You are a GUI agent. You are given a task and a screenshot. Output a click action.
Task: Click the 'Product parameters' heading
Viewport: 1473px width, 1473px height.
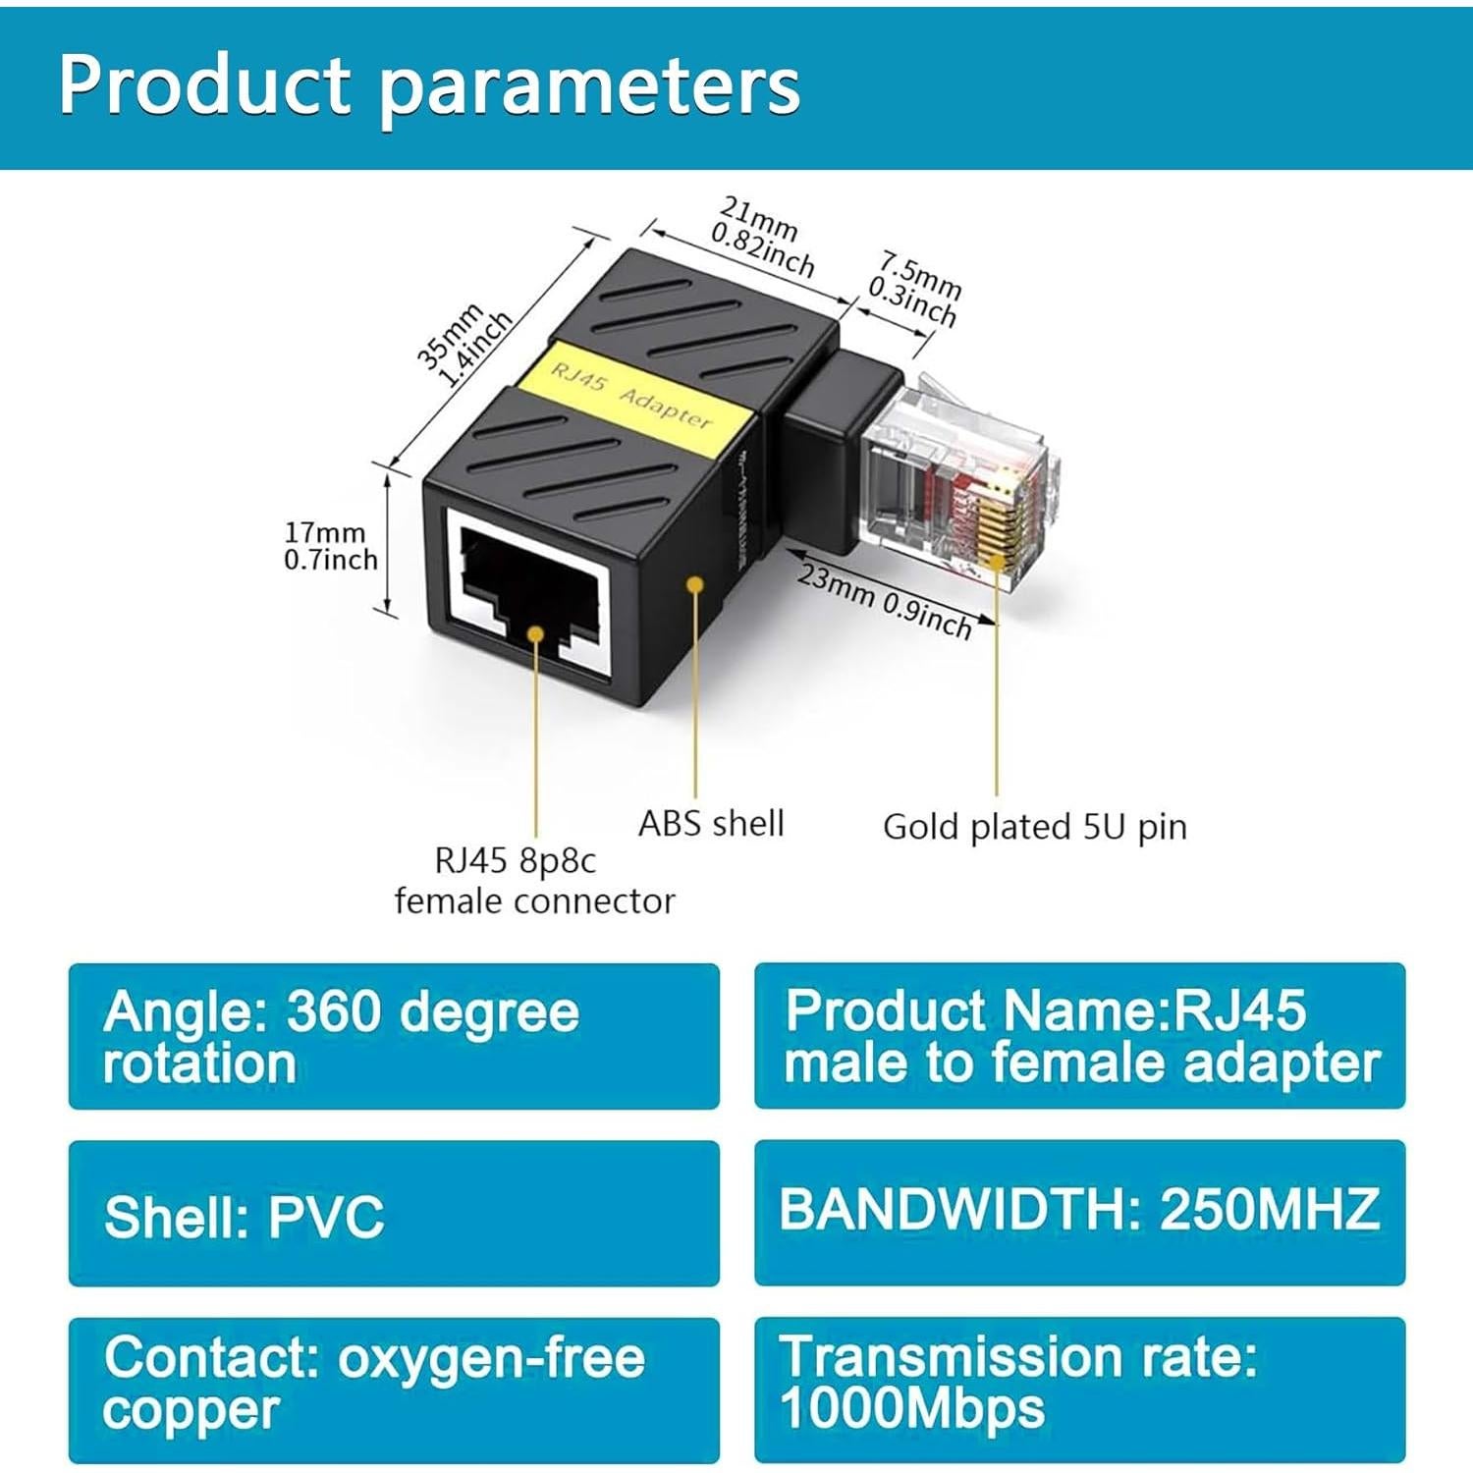tap(429, 86)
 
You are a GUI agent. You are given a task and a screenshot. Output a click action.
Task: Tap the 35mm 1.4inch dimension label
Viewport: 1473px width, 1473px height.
tap(464, 348)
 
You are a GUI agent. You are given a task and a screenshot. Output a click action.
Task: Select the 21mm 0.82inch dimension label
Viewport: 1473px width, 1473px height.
tap(761, 236)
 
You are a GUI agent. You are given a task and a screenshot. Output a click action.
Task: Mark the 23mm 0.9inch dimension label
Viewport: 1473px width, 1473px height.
tap(884, 600)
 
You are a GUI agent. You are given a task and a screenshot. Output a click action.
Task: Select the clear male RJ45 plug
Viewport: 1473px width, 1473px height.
tap(957, 481)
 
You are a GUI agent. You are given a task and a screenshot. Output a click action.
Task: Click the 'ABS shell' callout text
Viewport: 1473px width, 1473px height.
tap(711, 823)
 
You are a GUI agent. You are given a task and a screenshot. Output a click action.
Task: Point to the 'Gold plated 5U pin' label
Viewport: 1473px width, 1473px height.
tap(1034, 827)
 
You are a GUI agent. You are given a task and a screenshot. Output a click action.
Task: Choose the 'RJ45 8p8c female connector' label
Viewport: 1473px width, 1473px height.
tap(534, 881)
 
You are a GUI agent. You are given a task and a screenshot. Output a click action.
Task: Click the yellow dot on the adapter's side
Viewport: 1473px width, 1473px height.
tap(695, 584)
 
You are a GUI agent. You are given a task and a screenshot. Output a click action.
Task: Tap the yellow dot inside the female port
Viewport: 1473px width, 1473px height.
tap(535, 633)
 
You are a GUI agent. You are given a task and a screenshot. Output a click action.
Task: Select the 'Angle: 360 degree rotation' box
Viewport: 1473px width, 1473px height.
tap(393, 1036)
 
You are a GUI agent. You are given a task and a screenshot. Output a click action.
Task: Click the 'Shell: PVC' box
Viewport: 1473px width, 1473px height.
tap(393, 1214)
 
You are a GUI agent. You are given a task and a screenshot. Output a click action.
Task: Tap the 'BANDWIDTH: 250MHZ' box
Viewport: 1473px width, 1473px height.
tap(1079, 1212)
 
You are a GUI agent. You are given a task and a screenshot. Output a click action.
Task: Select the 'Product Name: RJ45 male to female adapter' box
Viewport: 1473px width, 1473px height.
tap(1079, 1036)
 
